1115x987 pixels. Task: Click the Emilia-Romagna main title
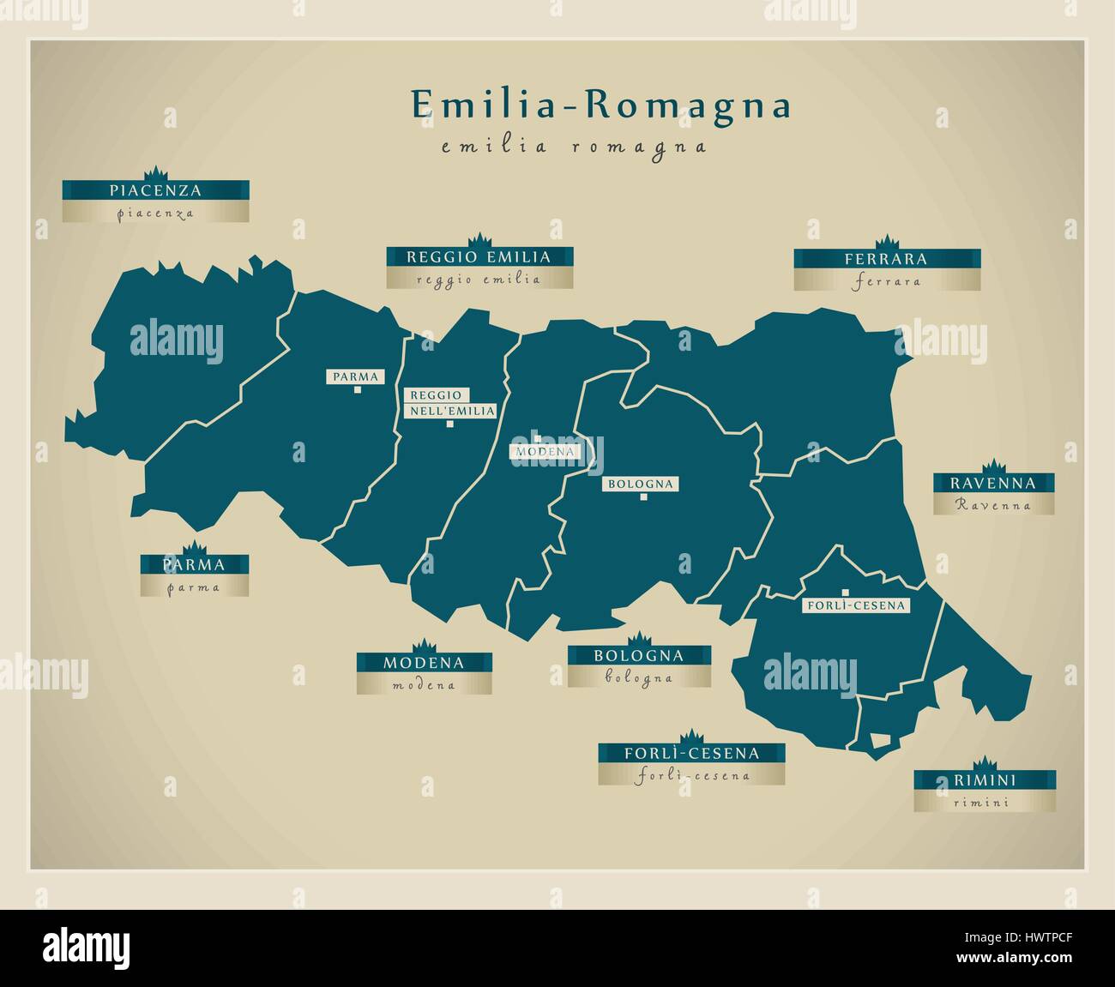[600, 105]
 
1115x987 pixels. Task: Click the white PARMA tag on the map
[355, 376]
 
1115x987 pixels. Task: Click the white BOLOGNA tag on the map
[641, 484]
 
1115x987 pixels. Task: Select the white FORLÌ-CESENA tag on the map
[855, 605]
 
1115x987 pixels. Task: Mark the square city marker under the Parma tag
[357, 390]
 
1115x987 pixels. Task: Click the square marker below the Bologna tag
[642, 497]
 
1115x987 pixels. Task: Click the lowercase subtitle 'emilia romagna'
[574, 147]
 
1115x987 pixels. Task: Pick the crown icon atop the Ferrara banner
[886, 242]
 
